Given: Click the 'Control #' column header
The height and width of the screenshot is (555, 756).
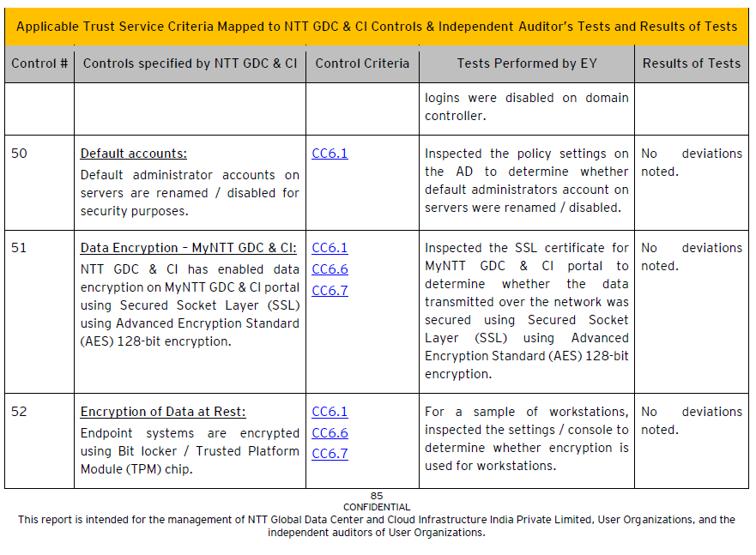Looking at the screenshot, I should [x=39, y=63].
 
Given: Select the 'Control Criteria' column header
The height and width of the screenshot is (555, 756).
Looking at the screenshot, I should [x=362, y=63].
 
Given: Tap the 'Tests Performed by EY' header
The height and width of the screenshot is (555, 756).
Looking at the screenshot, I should [x=527, y=63].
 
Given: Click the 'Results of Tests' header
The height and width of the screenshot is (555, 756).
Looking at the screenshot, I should [x=691, y=63].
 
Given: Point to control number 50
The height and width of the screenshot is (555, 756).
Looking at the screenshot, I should [x=19, y=154].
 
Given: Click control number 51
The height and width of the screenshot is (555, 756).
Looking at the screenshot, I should [x=19, y=248].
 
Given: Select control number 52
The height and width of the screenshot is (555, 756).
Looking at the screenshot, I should [x=19, y=412].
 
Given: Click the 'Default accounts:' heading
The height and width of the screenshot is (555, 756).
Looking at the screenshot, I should [x=133, y=154].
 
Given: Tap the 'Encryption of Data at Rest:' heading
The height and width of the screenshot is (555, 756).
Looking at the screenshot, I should [x=162, y=412].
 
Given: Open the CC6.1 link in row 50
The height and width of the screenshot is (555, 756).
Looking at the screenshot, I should [x=330, y=154].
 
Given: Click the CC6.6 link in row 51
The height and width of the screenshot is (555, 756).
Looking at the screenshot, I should [x=330, y=269].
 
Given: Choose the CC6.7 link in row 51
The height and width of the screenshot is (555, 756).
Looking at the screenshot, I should [x=330, y=291].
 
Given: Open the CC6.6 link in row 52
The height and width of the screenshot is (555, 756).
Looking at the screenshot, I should [x=330, y=433].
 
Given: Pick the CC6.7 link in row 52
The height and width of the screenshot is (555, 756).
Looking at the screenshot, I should [x=330, y=454].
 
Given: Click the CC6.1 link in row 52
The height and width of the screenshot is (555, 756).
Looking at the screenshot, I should [x=330, y=412].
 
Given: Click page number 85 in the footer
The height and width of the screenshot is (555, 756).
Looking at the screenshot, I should [x=377, y=496].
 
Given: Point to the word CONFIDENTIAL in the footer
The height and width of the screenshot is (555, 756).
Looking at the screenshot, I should [x=377, y=507].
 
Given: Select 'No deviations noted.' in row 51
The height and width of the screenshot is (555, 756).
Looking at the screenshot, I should [x=691, y=256].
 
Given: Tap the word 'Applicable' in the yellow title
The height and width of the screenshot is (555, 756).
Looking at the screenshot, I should [x=48, y=26].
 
